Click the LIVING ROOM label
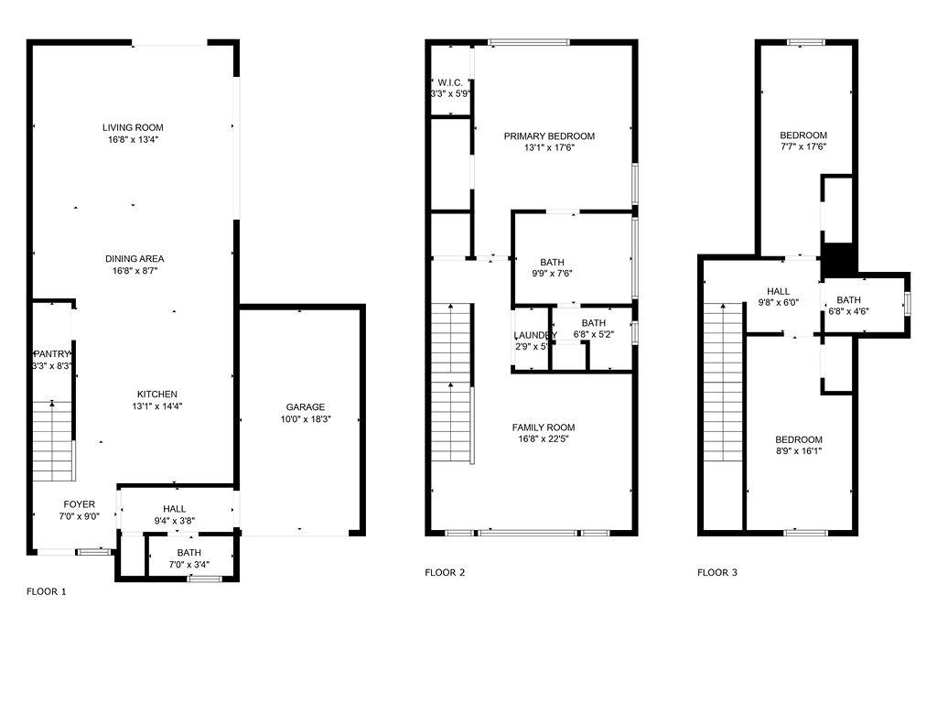(133, 127)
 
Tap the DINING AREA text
(135, 259)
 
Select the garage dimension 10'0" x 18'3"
(305, 419)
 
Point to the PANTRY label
(52, 354)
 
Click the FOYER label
(79, 504)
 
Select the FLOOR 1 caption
(46, 591)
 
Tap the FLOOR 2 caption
(445, 573)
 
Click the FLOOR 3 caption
(717, 573)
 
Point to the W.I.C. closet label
(450, 82)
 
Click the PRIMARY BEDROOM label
(549, 136)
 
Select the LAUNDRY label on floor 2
(535, 335)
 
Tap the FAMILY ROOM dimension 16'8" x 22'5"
(544, 439)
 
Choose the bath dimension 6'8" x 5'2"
(593, 335)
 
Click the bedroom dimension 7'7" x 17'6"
(803, 146)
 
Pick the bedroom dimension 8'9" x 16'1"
(799, 450)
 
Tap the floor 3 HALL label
(779, 291)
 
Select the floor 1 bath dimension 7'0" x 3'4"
(189, 564)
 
